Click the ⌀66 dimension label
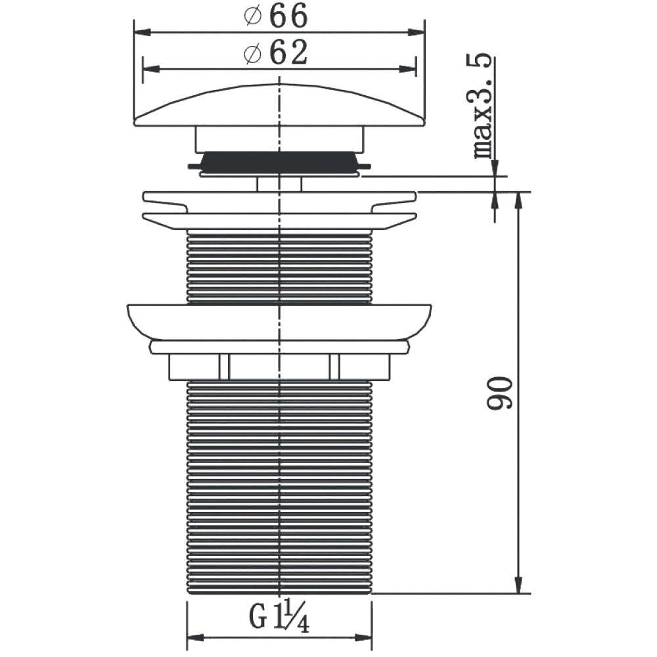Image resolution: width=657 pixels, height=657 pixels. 276,16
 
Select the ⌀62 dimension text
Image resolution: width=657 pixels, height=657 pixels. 276,53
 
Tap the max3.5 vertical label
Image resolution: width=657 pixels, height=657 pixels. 482,106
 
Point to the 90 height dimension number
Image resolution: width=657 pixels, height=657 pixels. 499,393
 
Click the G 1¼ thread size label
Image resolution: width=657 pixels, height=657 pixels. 279,615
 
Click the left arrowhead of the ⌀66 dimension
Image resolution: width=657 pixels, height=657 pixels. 143,32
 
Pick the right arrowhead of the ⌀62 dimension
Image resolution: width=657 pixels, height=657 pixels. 407,69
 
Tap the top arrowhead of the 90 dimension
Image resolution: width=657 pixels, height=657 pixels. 518,200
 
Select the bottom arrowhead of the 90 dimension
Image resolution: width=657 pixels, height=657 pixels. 518,585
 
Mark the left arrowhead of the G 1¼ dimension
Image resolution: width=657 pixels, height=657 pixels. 195,638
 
